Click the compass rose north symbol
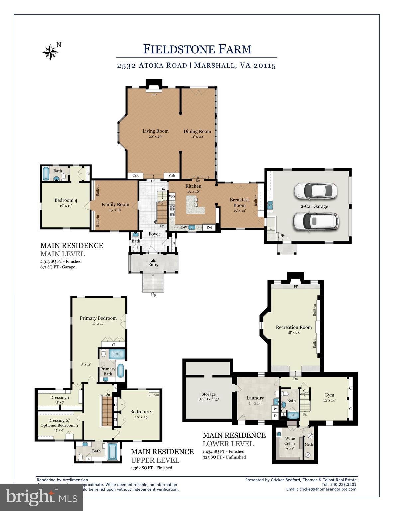tap(50, 52)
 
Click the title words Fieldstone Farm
tap(197, 49)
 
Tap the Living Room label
tap(155, 131)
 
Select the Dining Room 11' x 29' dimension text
tap(197, 136)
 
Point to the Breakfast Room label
tap(239, 202)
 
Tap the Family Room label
tap(115, 204)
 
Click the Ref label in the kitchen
tap(209, 227)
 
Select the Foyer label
tap(154, 234)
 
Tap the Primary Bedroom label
tap(98, 318)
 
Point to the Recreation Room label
tap(294, 327)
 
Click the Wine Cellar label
tap(290, 441)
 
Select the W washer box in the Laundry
tap(275, 409)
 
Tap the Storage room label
tap(208, 394)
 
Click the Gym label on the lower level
tap(329, 395)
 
